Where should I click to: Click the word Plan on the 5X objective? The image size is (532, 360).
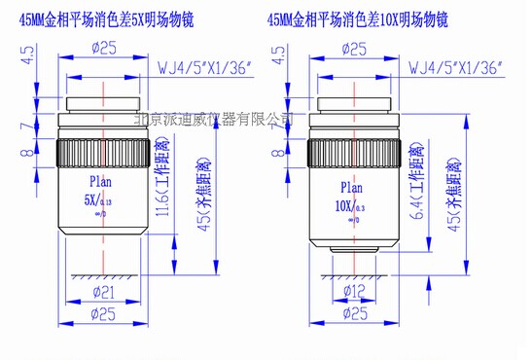click(x=102, y=180)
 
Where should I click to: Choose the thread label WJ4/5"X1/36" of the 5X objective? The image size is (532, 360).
click(x=202, y=68)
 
